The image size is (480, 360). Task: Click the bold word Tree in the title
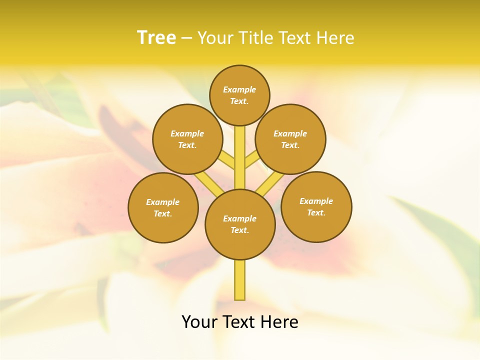(x=156, y=37)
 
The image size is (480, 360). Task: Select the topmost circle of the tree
(x=239, y=95)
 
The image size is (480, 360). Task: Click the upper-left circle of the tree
(x=187, y=139)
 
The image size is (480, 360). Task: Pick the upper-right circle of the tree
(x=290, y=139)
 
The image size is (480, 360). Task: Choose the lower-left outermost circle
(x=163, y=207)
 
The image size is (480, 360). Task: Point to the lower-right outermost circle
(x=316, y=206)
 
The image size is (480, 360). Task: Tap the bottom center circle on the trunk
(x=240, y=224)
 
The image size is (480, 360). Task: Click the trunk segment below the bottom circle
(x=240, y=280)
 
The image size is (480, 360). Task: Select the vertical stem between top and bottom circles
(x=240, y=157)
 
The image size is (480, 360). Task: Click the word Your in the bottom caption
(x=200, y=322)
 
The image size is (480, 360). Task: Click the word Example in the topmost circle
(x=239, y=89)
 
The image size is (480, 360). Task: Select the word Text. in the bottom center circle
(x=240, y=230)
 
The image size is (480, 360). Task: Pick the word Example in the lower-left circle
(x=163, y=202)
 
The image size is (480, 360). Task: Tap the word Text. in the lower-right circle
(x=316, y=213)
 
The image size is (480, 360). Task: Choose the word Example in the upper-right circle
(x=290, y=133)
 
